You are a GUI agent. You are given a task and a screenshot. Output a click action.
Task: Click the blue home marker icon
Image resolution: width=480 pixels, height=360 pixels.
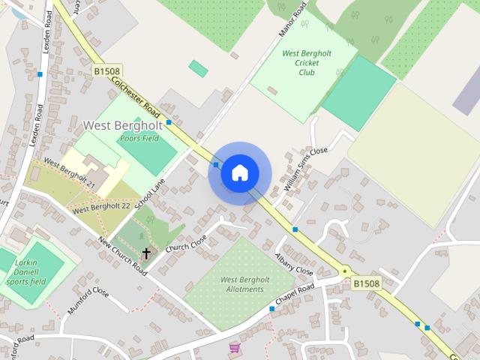point(240,173)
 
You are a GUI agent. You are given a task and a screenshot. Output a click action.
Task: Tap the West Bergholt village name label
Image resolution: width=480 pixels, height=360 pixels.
point(123,125)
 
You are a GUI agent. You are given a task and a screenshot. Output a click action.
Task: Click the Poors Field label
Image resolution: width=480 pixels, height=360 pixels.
point(139,139)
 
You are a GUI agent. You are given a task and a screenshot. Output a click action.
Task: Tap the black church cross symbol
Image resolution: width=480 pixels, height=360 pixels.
point(145,253)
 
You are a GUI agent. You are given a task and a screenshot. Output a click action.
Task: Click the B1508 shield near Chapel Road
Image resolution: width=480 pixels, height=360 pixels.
point(366,283)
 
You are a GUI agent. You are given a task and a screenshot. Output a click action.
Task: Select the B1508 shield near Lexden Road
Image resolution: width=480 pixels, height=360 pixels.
point(107,71)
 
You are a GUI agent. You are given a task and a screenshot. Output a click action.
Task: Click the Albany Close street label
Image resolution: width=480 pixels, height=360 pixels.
point(293,263)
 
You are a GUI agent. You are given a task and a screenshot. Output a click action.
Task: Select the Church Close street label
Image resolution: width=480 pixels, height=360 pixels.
point(186,241)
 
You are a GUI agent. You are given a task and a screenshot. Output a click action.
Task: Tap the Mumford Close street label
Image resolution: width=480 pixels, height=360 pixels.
point(88,299)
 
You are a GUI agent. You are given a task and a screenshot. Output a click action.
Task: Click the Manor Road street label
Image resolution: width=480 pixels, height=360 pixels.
point(292,20)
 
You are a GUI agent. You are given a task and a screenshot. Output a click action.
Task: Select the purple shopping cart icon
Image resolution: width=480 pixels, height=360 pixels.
point(235,347)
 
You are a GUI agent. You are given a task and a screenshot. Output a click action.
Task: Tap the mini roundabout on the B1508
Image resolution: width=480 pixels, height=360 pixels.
point(345,271)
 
